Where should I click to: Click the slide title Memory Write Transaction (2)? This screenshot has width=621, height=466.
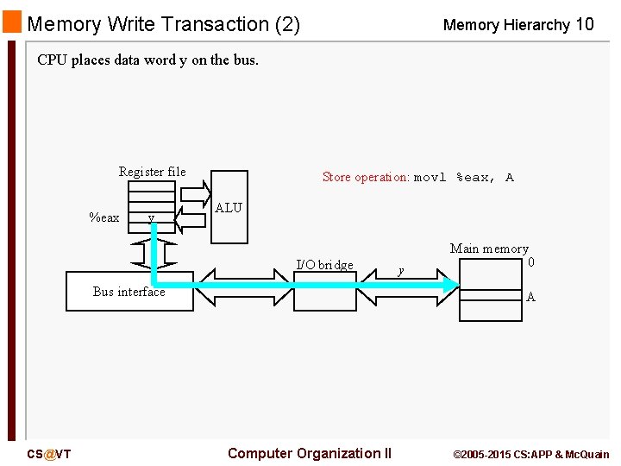pos(163,24)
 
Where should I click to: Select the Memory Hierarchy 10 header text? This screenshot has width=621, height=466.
pos(517,25)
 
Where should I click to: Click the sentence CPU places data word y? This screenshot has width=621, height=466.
pos(147,60)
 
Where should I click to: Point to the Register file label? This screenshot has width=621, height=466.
pos(152,172)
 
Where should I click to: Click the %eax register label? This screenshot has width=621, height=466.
pos(104,217)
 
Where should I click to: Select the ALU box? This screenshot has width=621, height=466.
pos(229,206)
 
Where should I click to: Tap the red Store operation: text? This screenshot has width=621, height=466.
pos(366,177)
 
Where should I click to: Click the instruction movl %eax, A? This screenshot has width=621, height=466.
pos(464,178)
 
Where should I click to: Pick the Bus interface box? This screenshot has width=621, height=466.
pos(129,292)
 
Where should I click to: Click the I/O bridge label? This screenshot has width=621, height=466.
pos(324,265)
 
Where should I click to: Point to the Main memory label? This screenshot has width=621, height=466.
pos(489,249)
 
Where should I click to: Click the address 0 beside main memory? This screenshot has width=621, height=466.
pos(531,261)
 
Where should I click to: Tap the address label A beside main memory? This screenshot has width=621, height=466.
pos(530,297)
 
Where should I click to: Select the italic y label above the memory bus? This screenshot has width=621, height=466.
pos(400,271)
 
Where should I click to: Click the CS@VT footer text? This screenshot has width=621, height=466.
pos(48,454)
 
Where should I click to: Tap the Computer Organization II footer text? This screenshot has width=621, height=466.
pos(309,453)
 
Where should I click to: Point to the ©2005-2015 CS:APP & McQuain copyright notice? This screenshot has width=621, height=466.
pos(530,454)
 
